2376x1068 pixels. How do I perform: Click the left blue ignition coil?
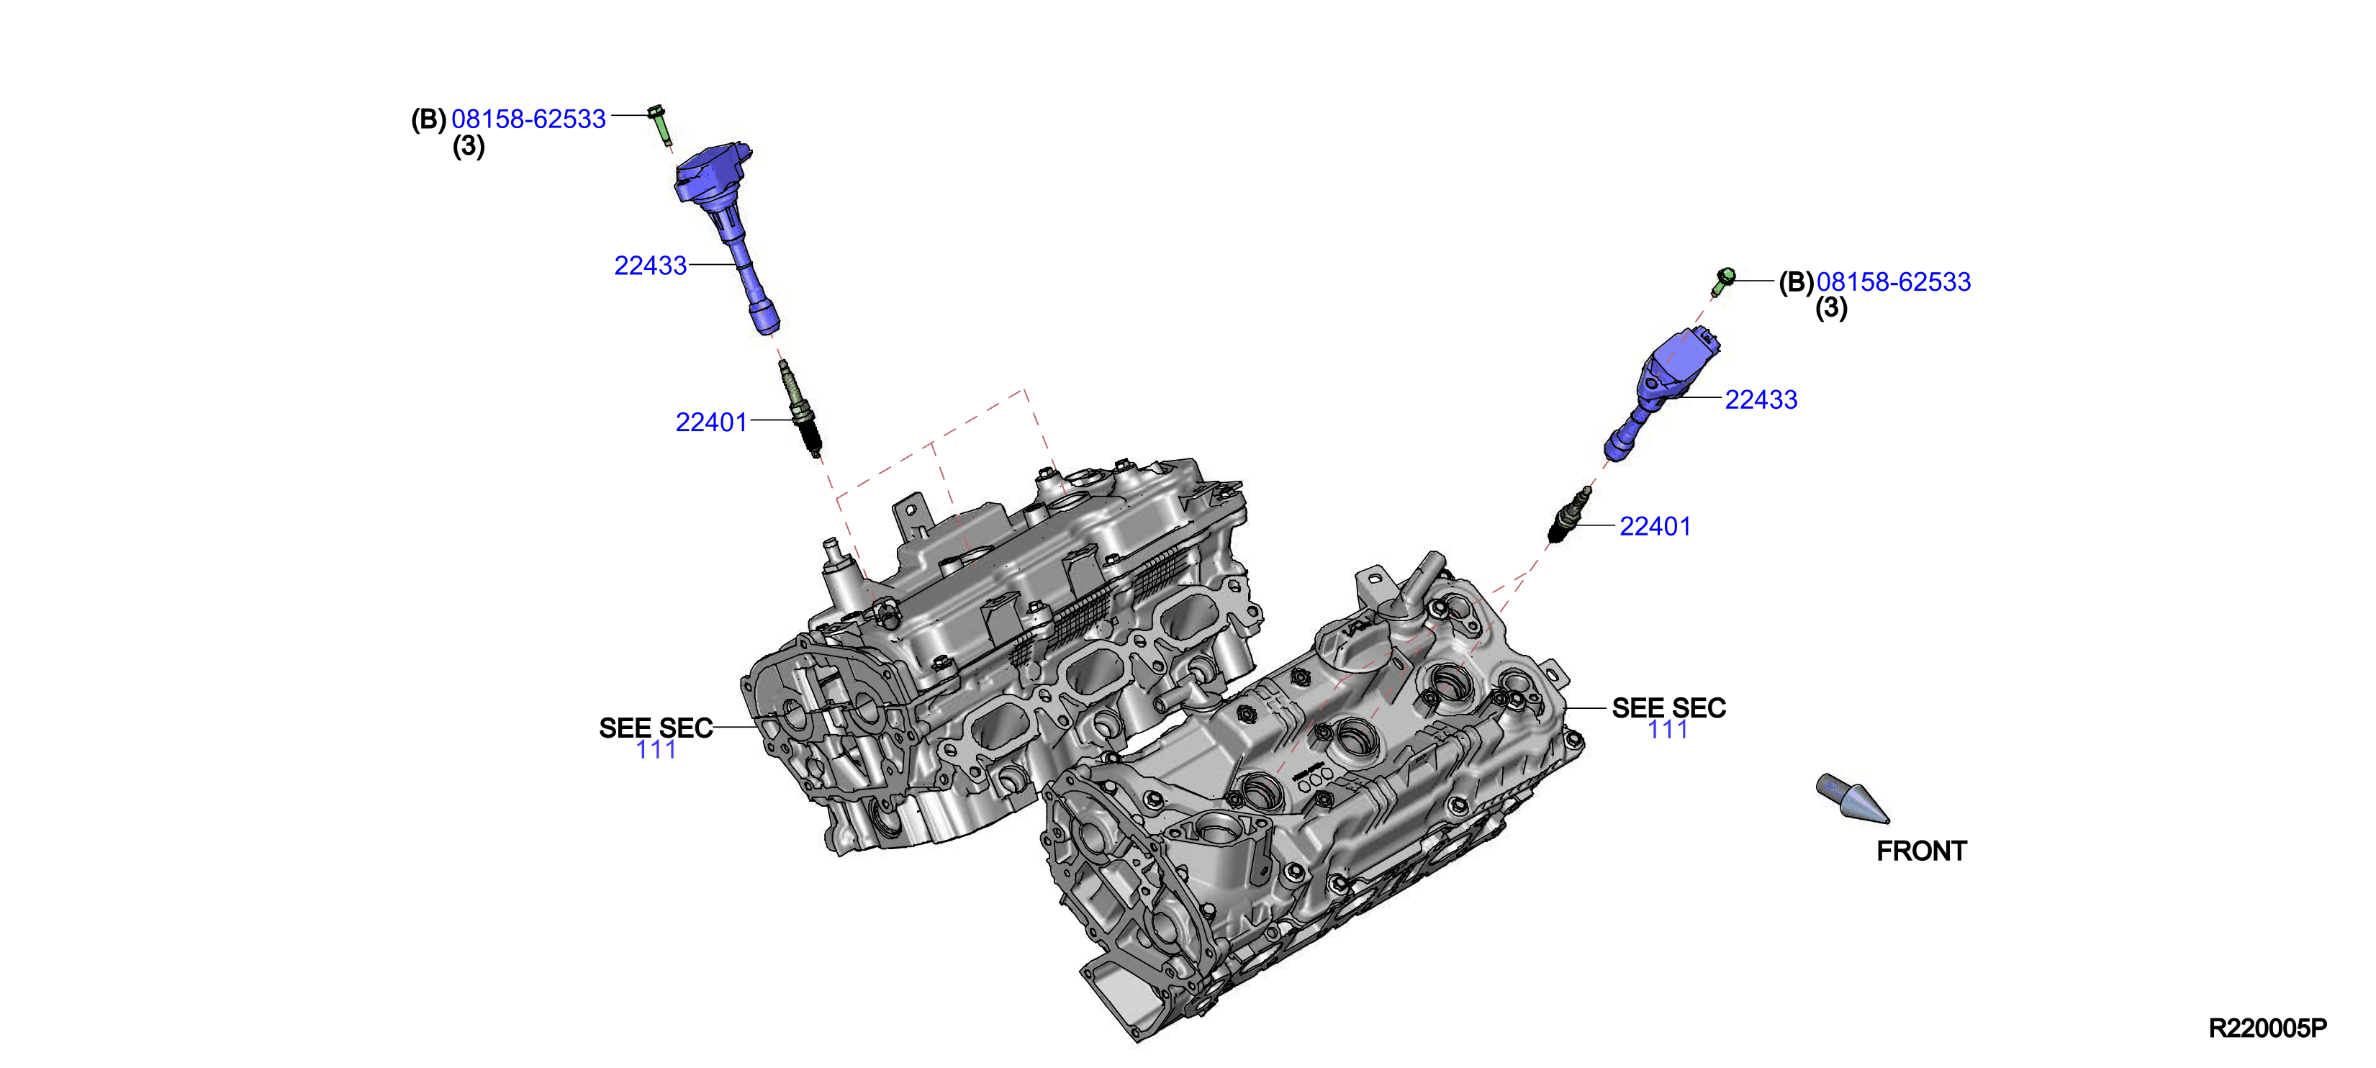point(728,230)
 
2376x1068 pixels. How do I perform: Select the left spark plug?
point(800,409)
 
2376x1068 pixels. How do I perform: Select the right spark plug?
point(1568,515)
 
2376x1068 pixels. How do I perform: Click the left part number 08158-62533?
point(528,119)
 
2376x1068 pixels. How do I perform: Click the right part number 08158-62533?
point(1894,281)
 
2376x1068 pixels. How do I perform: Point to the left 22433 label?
point(650,266)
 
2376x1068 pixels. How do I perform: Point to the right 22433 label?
point(1761,399)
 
